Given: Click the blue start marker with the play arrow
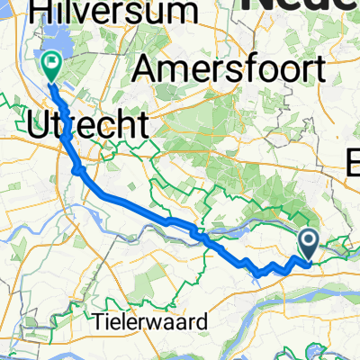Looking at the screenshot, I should click(308, 241).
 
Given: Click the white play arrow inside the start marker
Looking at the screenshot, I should click(309, 240).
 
